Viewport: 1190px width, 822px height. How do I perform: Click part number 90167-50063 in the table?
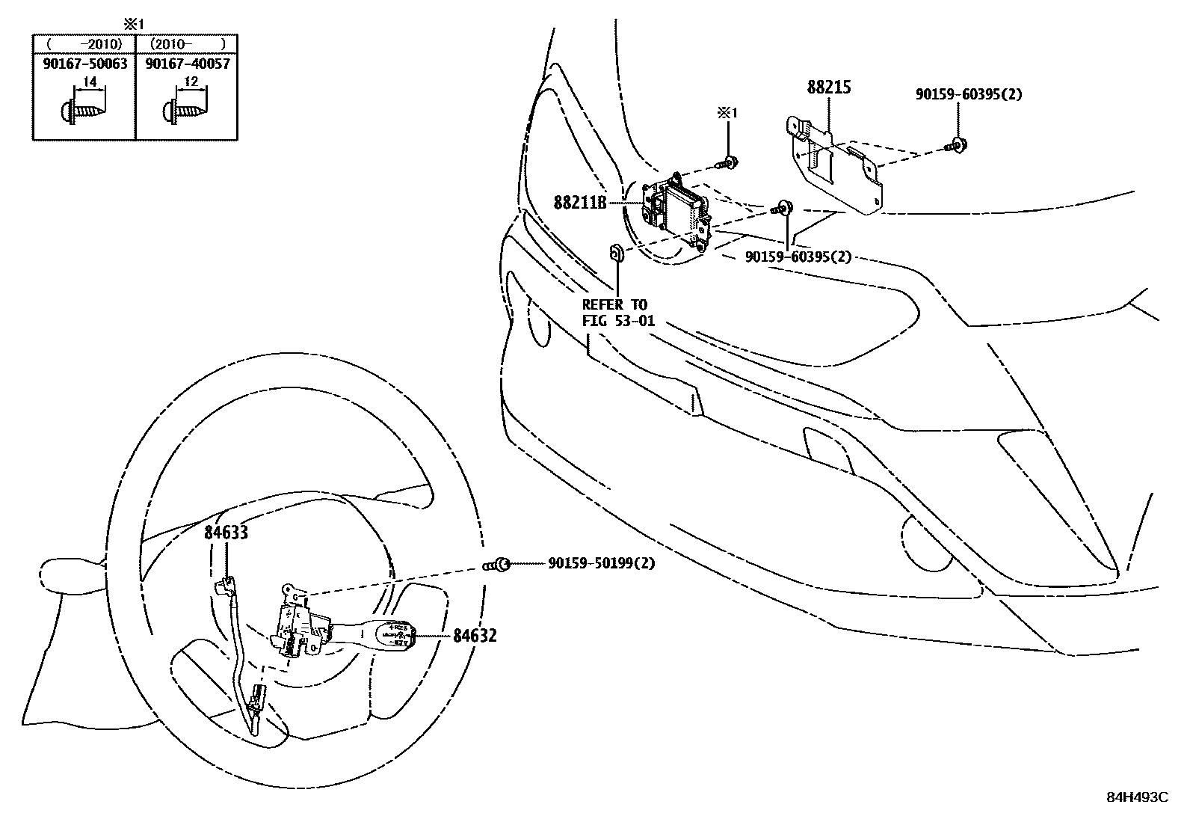(x=84, y=64)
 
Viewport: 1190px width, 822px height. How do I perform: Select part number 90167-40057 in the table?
(x=187, y=64)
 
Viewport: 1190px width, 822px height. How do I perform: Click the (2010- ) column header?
(x=187, y=44)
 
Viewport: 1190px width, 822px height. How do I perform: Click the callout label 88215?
(x=828, y=88)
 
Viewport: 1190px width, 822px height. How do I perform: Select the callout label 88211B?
(x=580, y=202)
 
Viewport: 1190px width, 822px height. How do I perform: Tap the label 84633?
(x=226, y=533)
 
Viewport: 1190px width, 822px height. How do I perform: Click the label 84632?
(x=474, y=636)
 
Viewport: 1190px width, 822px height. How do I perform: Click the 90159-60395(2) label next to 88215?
(x=969, y=94)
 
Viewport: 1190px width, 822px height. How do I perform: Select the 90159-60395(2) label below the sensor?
(x=798, y=257)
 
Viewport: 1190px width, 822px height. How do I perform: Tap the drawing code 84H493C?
(x=1136, y=797)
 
